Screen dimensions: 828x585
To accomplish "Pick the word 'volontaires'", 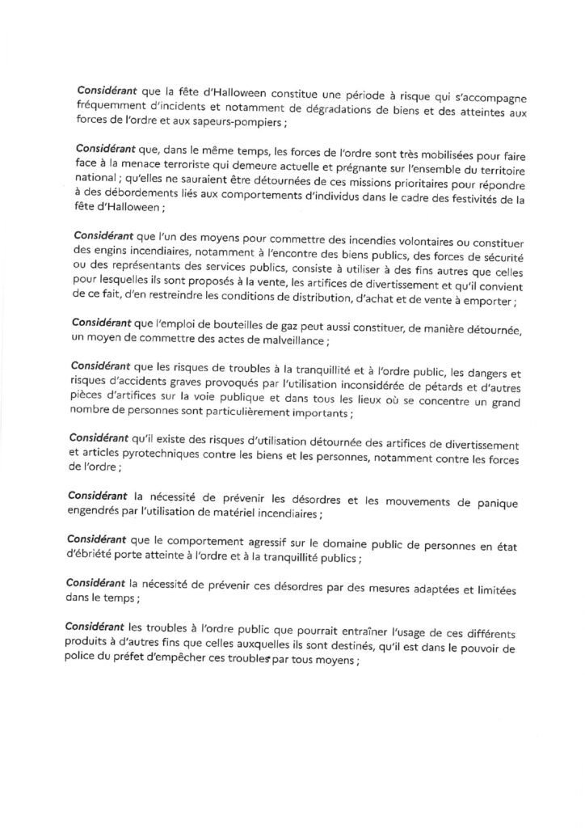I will coord(418,234).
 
